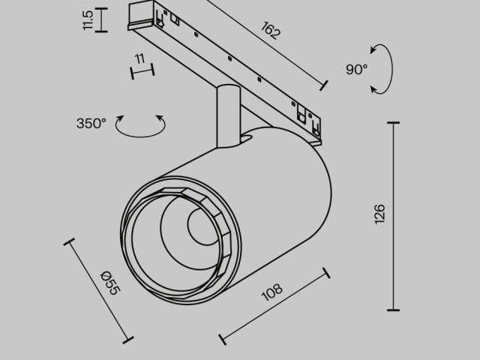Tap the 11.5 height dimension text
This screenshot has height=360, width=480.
(89, 20)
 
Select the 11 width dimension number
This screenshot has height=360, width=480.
(139, 59)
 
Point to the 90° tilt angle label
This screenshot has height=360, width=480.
(357, 69)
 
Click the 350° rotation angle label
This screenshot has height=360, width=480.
(91, 123)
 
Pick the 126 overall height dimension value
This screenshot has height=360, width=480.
(379, 215)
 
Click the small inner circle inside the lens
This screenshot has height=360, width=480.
(202, 227)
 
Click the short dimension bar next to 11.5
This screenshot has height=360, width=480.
(103, 20)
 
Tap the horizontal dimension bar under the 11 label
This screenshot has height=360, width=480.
(142, 71)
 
